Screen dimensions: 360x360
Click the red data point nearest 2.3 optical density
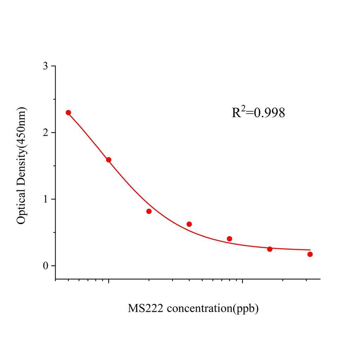tap(68, 112)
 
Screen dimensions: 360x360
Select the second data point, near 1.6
tap(109, 160)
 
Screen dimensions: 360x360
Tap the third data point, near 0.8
tap(149, 211)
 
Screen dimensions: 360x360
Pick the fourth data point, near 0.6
tap(189, 224)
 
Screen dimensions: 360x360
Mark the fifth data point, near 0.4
tap(230, 239)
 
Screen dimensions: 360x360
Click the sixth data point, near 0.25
tap(270, 249)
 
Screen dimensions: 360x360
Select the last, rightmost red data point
tap(310, 254)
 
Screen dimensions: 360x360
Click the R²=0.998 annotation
tap(258, 112)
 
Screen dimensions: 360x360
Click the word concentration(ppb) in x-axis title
tap(213, 309)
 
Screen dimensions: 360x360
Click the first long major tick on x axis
tap(109, 282)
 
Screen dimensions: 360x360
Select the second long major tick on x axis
tap(242, 282)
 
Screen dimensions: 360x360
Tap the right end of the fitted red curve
tap(310, 250)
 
